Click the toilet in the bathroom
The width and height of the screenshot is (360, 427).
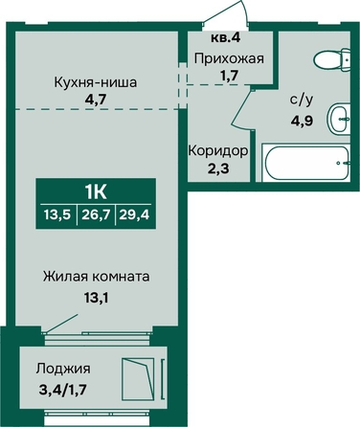pos(332,59)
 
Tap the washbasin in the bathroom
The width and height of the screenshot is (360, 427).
pos(339,119)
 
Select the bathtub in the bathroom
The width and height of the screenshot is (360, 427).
pos(306,163)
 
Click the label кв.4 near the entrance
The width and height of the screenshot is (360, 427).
pos(225,37)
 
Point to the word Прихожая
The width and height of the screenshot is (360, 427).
pos(230,58)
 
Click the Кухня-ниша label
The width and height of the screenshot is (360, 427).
pos(96,82)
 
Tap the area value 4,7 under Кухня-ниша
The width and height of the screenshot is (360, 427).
pos(95,100)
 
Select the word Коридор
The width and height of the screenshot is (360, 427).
pos(218,150)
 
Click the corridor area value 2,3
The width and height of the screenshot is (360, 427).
pos(218,169)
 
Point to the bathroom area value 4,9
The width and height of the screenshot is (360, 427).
pos(301,121)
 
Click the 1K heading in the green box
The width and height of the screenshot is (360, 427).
pos(96,192)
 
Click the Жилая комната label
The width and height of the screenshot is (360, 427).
pos(97,277)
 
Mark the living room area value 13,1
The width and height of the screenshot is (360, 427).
pos(96,298)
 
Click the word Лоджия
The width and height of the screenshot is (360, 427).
pos(63,369)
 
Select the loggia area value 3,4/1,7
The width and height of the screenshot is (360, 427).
pos(62,390)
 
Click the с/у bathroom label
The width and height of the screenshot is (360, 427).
pos(302,100)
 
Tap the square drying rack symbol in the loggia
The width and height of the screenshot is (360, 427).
pos(138,379)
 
